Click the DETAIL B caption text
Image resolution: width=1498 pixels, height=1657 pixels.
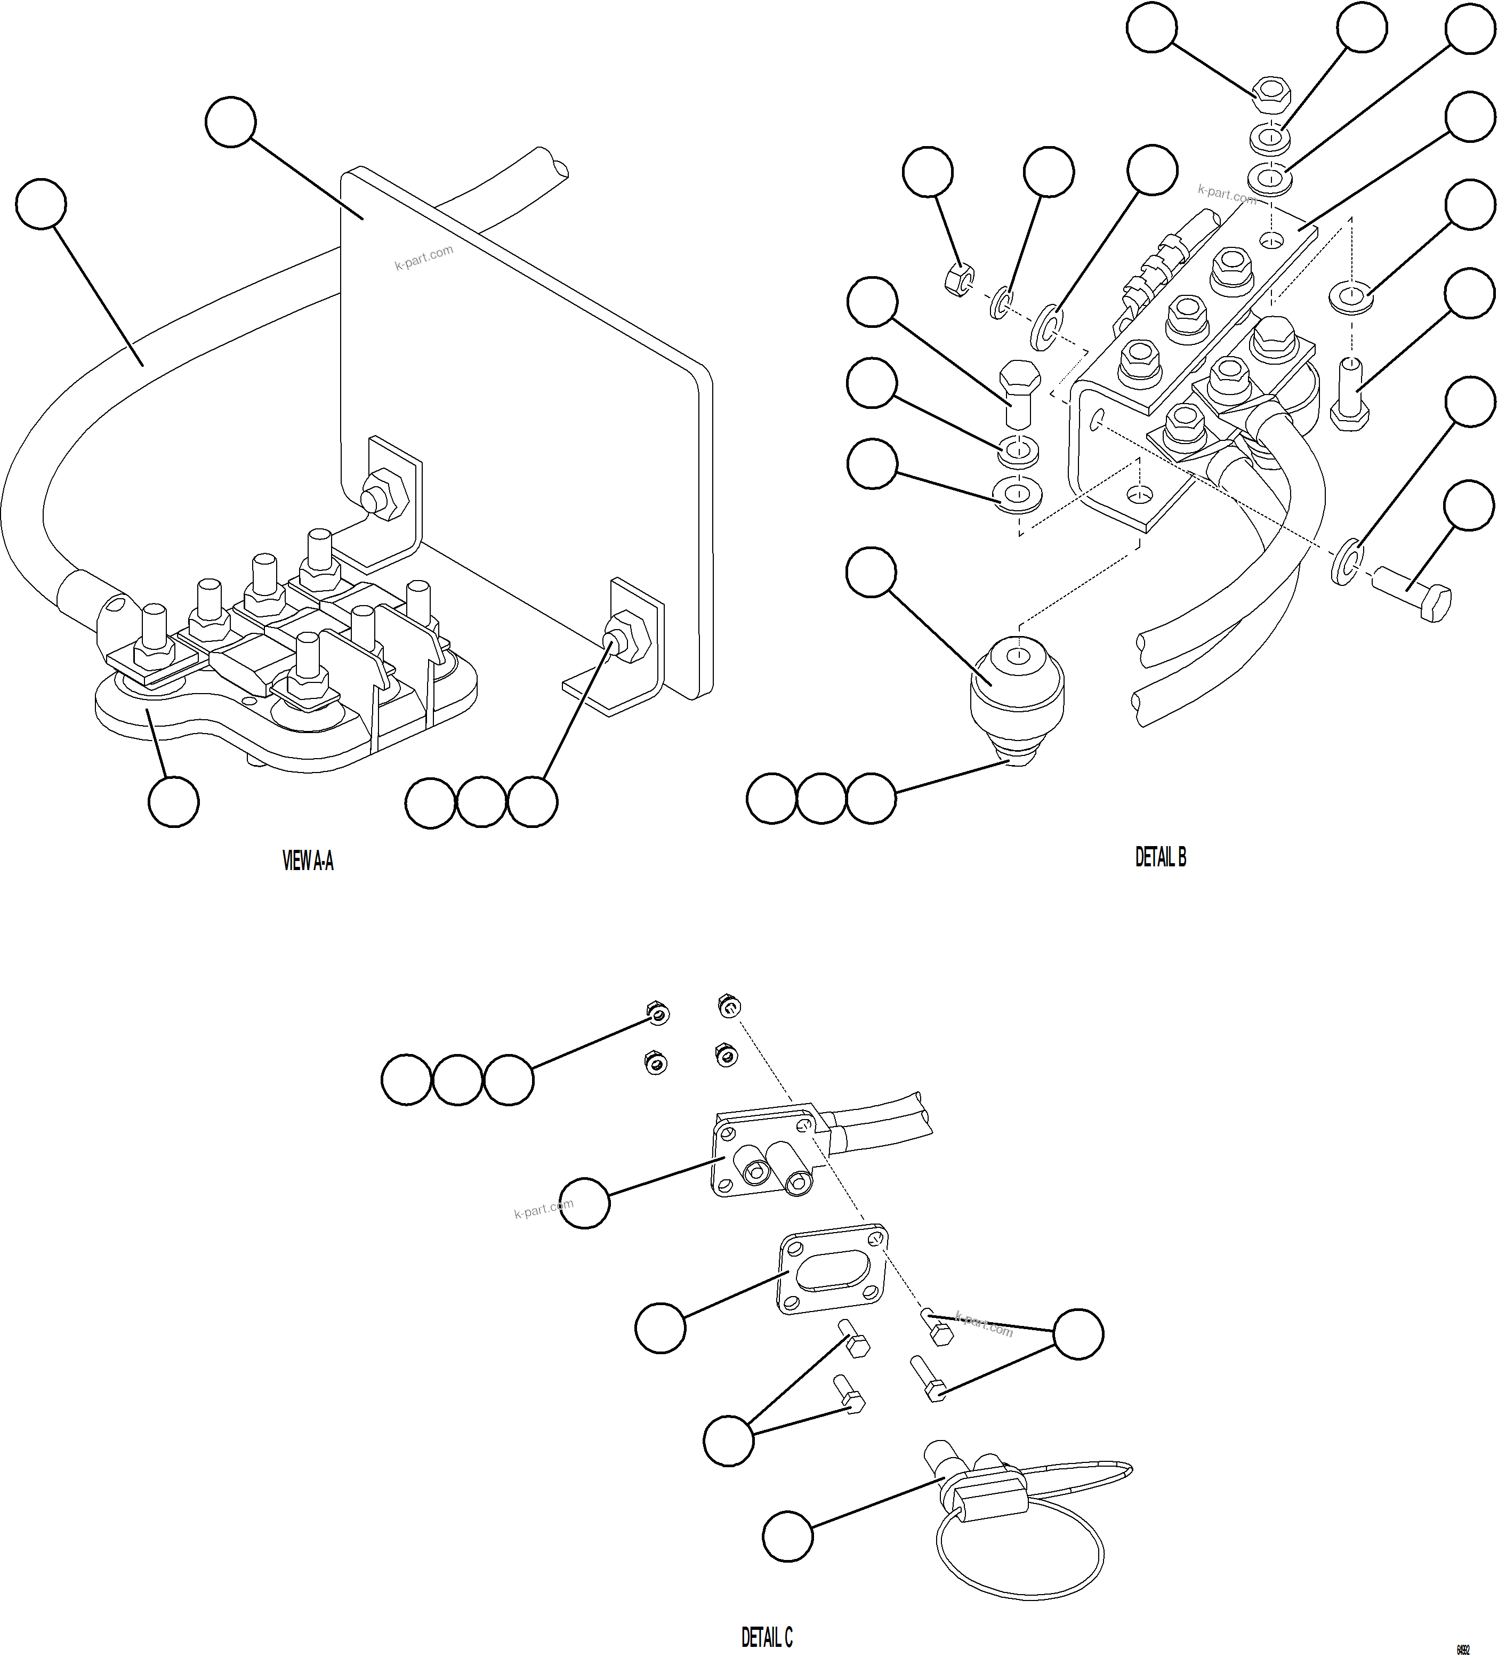pyautogui.click(x=1159, y=857)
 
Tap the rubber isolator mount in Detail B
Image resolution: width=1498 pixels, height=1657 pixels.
pyautogui.click(x=1017, y=682)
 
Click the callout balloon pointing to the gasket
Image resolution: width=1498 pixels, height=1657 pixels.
pyautogui.click(x=660, y=1326)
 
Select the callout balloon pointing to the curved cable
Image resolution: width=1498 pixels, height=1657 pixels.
pyautogui.click(x=41, y=203)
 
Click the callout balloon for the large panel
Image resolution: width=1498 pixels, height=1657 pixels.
pyautogui.click(x=231, y=122)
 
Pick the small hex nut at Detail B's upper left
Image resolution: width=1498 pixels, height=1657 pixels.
pyautogui.click(x=957, y=279)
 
